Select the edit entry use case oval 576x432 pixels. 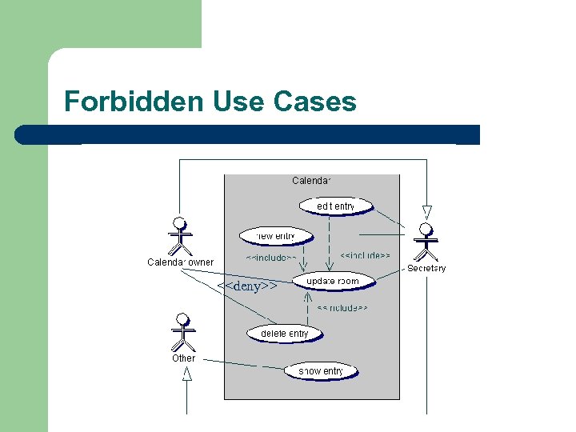pos(336,206)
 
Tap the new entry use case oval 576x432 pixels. pos(267,236)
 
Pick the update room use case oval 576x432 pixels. pos(333,282)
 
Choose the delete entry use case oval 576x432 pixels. pos(284,334)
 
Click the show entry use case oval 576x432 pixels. pos(321,371)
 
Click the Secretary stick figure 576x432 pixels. pos(426,242)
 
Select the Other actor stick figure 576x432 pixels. pos(184,332)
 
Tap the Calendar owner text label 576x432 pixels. pos(180,262)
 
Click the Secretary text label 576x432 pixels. pos(426,269)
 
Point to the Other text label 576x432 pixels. pos(183,358)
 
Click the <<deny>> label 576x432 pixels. pos(247,286)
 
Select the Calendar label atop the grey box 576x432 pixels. pos(312,181)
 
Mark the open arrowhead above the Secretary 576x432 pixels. pos(426,212)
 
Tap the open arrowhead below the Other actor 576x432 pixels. pos(187,373)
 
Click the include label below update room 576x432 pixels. pos(342,307)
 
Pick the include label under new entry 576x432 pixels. pos(271,258)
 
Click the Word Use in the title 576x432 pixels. pos(238,102)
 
